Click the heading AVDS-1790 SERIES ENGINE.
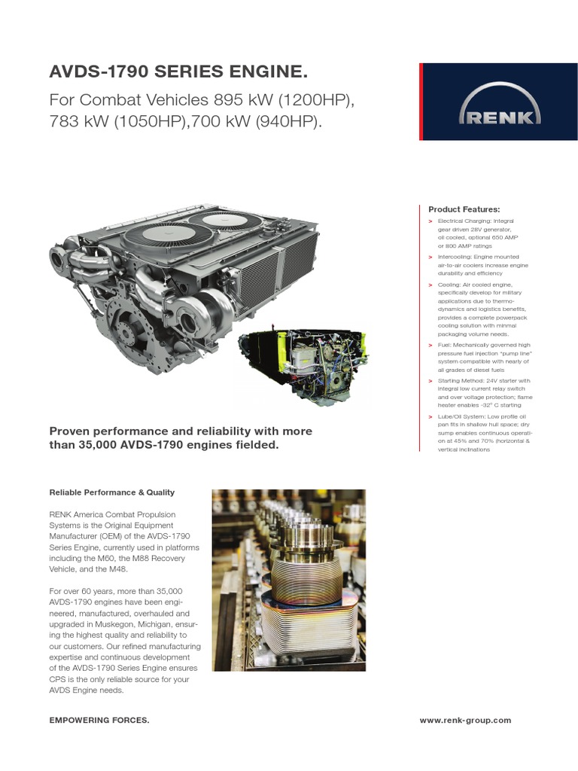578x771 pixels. [178, 73]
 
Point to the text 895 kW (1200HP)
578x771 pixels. [283, 100]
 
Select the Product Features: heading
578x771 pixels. [464, 209]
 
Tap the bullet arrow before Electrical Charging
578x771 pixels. [430, 221]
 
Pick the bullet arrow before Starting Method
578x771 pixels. [430, 381]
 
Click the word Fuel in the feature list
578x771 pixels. [444, 345]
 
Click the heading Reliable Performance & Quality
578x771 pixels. [111, 492]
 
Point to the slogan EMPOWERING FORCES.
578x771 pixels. [99, 721]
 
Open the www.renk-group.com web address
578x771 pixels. [465, 721]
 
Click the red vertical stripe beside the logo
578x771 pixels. [421, 102]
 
